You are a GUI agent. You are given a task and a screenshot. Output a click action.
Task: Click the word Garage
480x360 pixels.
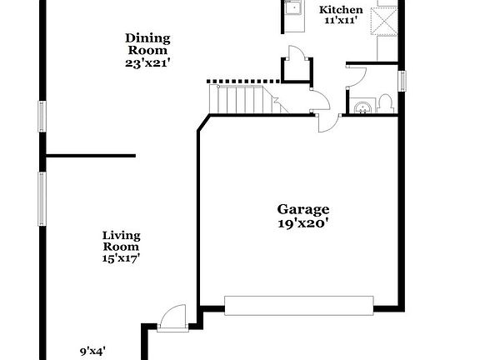click(x=303, y=209)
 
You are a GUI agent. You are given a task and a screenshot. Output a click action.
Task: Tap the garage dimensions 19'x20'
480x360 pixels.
click(x=303, y=223)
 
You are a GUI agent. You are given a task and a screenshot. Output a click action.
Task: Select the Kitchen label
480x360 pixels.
click(x=342, y=10)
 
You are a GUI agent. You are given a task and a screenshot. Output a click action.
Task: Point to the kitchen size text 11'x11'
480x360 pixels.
click(x=342, y=20)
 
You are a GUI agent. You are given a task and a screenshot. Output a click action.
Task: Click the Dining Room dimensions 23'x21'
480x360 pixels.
click(x=148, y=62)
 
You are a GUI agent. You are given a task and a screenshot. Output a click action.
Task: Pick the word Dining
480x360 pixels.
click(x=148, y=37)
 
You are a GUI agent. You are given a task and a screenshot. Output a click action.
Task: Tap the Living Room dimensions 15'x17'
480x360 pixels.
click(x=121, y=258)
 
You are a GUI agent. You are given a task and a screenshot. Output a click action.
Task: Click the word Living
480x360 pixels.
click(x=121, y=235)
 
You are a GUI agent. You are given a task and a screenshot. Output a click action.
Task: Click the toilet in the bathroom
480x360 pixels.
click(x=385, y=104)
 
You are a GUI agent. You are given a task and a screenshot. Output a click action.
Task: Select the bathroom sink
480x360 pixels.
click(x=361, y=107)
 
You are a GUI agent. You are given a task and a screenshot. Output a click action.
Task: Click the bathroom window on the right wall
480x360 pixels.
click(x=402, y=81)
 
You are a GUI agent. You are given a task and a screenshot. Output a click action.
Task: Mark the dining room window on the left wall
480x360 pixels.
click(x=42, y=116)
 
